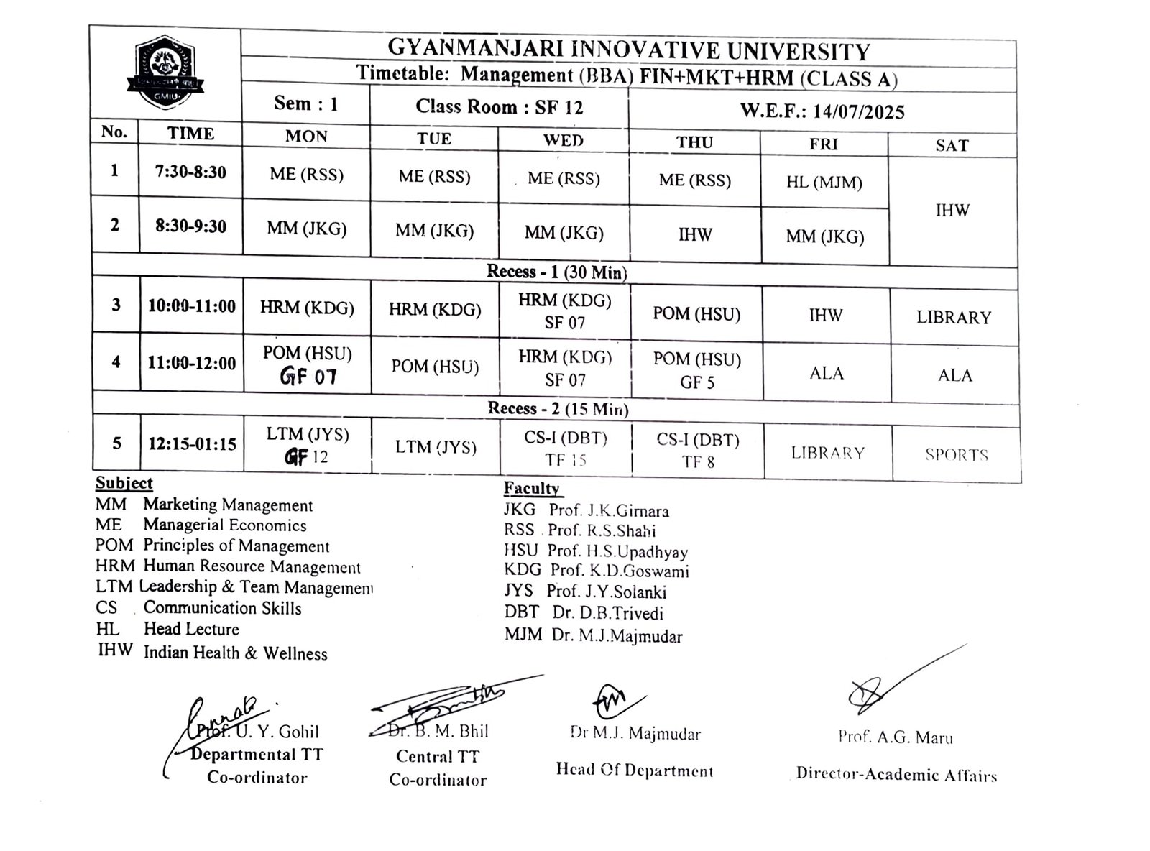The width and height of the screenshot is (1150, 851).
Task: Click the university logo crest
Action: (x=165, y=74)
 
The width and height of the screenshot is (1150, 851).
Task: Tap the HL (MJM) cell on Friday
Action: (x=824, y=182)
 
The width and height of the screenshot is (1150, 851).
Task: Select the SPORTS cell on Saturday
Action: (x=956, y=454)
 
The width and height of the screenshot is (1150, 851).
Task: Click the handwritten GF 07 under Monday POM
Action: (x=308, y=376)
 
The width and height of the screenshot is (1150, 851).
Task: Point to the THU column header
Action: (x=694, y=142)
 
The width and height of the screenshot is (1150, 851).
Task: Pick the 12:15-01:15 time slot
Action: (x=192, y=444)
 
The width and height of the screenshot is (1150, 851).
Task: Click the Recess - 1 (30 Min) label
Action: (x=556, y=272)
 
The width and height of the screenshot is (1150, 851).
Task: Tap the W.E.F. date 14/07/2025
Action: (x=822, y=111)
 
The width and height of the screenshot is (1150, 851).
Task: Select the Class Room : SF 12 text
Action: (x=499, y=107)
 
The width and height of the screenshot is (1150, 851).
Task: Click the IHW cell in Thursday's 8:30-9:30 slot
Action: (x=695, y=234)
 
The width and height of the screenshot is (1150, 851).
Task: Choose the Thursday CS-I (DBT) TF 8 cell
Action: (x=698, y=451)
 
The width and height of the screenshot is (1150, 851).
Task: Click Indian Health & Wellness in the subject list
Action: (x=235, y=653)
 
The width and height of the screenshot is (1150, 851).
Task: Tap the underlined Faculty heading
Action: (x=532, y=488)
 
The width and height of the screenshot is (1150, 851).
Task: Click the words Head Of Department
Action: (x=634, y=770)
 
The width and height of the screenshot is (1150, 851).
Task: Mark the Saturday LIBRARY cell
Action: (x=953, y=317)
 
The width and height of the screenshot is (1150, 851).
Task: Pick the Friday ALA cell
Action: (x=826, y=373)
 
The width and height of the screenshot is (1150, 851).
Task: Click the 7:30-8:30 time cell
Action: (x=190, y=172)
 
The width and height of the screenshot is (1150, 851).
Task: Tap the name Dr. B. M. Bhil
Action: (x=438, y=731)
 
